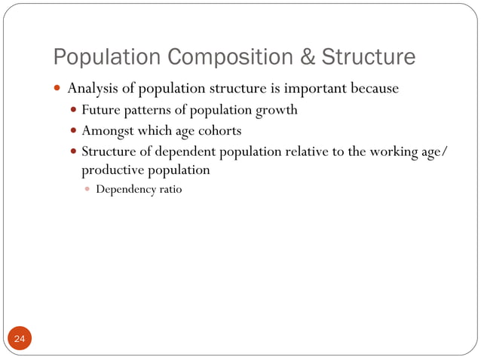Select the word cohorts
point(219,130)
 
